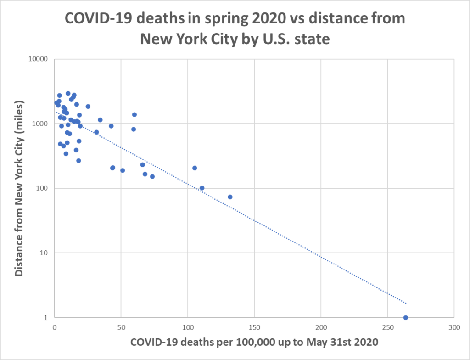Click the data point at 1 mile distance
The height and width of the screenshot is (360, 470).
click(405, 317)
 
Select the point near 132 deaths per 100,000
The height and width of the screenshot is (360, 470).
click(230, 197)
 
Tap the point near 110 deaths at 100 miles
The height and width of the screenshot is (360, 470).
click(202, 188)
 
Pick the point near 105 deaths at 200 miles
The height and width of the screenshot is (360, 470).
click(195, 168)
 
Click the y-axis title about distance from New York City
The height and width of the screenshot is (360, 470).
click(19, 188)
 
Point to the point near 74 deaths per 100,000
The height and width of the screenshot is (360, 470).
click(152, 176)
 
